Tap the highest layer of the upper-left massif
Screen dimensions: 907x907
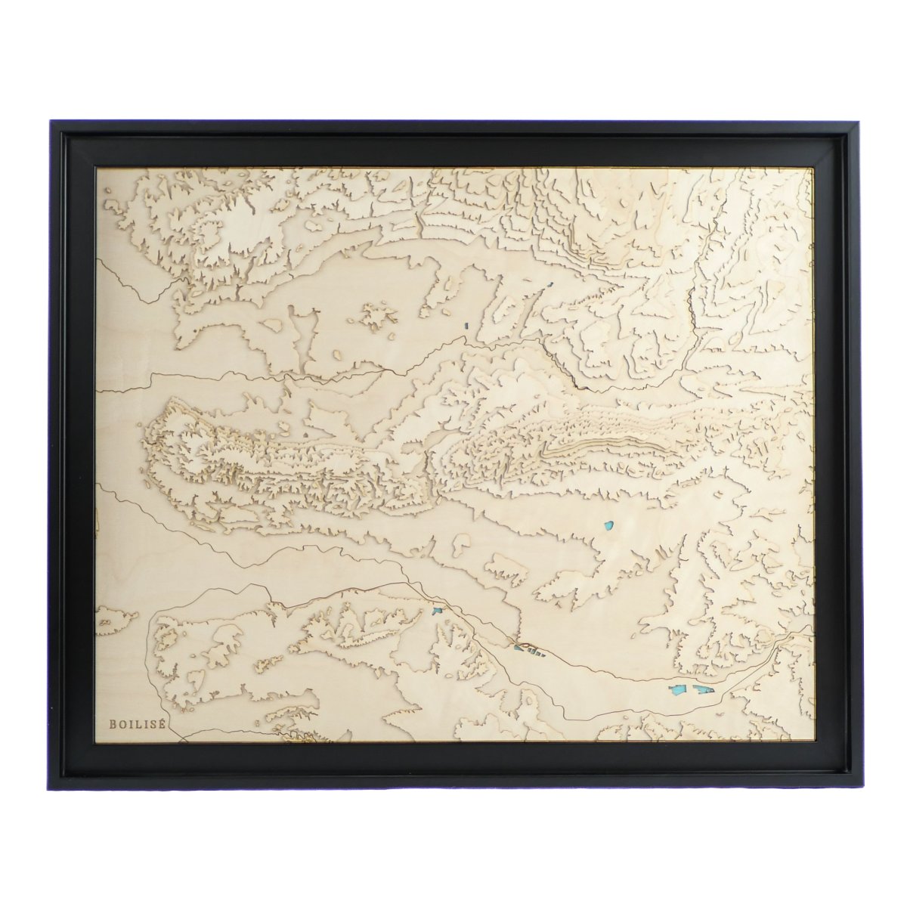pyautogui.click(x=227, y=227)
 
